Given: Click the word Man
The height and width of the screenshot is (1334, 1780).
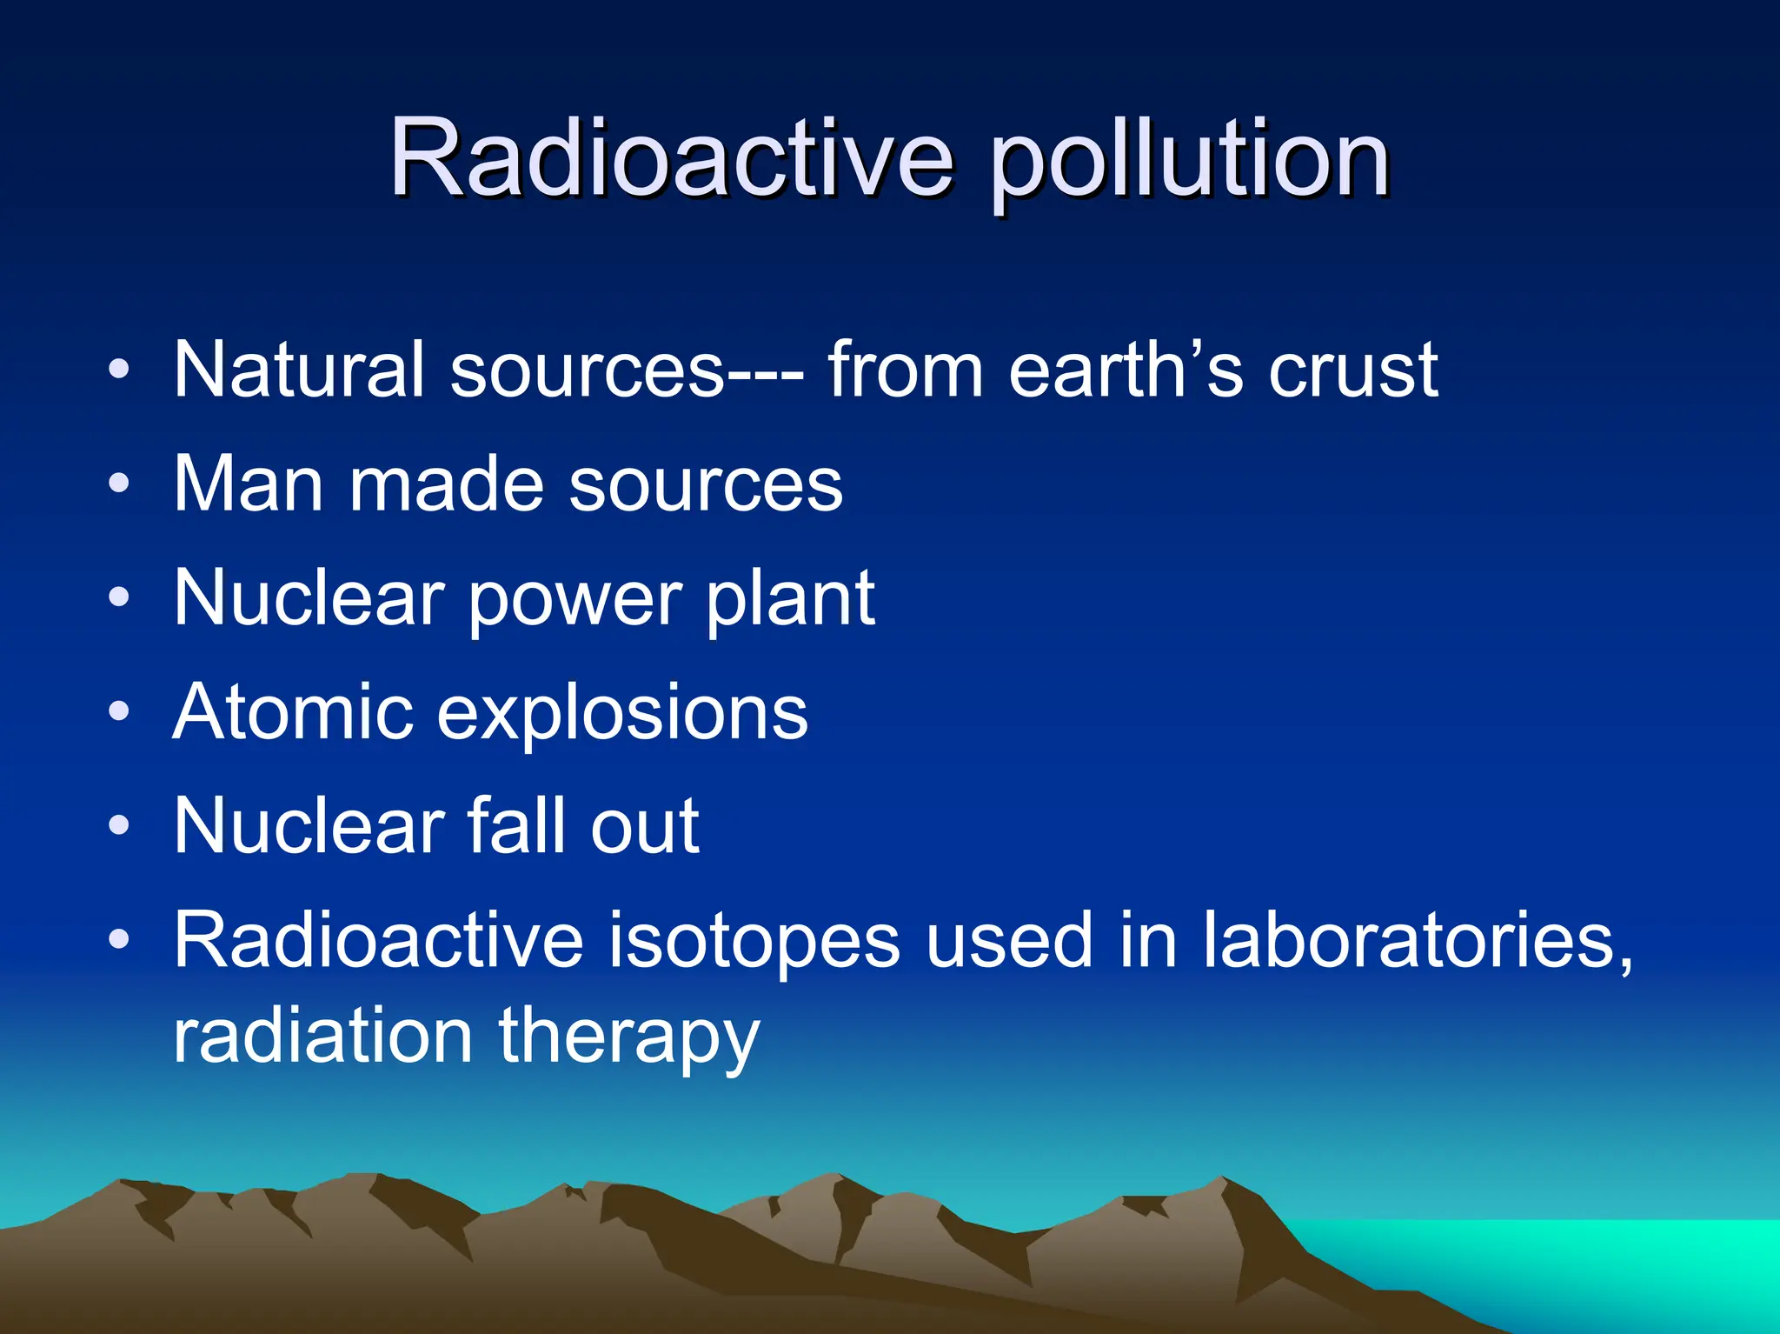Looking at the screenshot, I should (x=249, y=484).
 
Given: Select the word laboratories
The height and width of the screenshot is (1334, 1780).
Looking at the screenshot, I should (x=1417, y=941).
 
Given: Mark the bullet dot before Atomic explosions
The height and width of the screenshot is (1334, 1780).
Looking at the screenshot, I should (x=119, y=712).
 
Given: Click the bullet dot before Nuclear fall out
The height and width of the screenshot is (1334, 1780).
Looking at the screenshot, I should (x=119, y=826).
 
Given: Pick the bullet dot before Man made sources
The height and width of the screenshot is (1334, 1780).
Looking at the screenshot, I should (x=119, y=484).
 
